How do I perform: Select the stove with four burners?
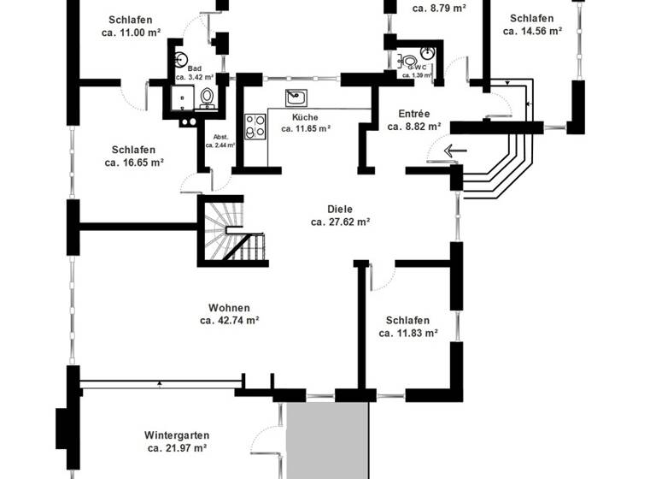tap(255, 126)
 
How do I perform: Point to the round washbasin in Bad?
tap(180, 59)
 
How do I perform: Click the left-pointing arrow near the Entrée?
tap(455, 152)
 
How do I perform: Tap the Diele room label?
tap(339, 208)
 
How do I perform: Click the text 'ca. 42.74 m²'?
tap(229, 321)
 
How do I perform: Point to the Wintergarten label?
tap(177, 435)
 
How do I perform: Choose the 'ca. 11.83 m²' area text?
tap(407, 334)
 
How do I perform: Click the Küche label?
tap(305, 116)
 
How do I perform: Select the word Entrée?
tap(414, 113)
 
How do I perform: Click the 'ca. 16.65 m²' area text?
tap(134, 162)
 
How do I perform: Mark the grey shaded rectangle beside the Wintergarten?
tap(327, 441)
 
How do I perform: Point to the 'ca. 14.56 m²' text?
tap(531, 31)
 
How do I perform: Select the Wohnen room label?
tap(229, 308)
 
